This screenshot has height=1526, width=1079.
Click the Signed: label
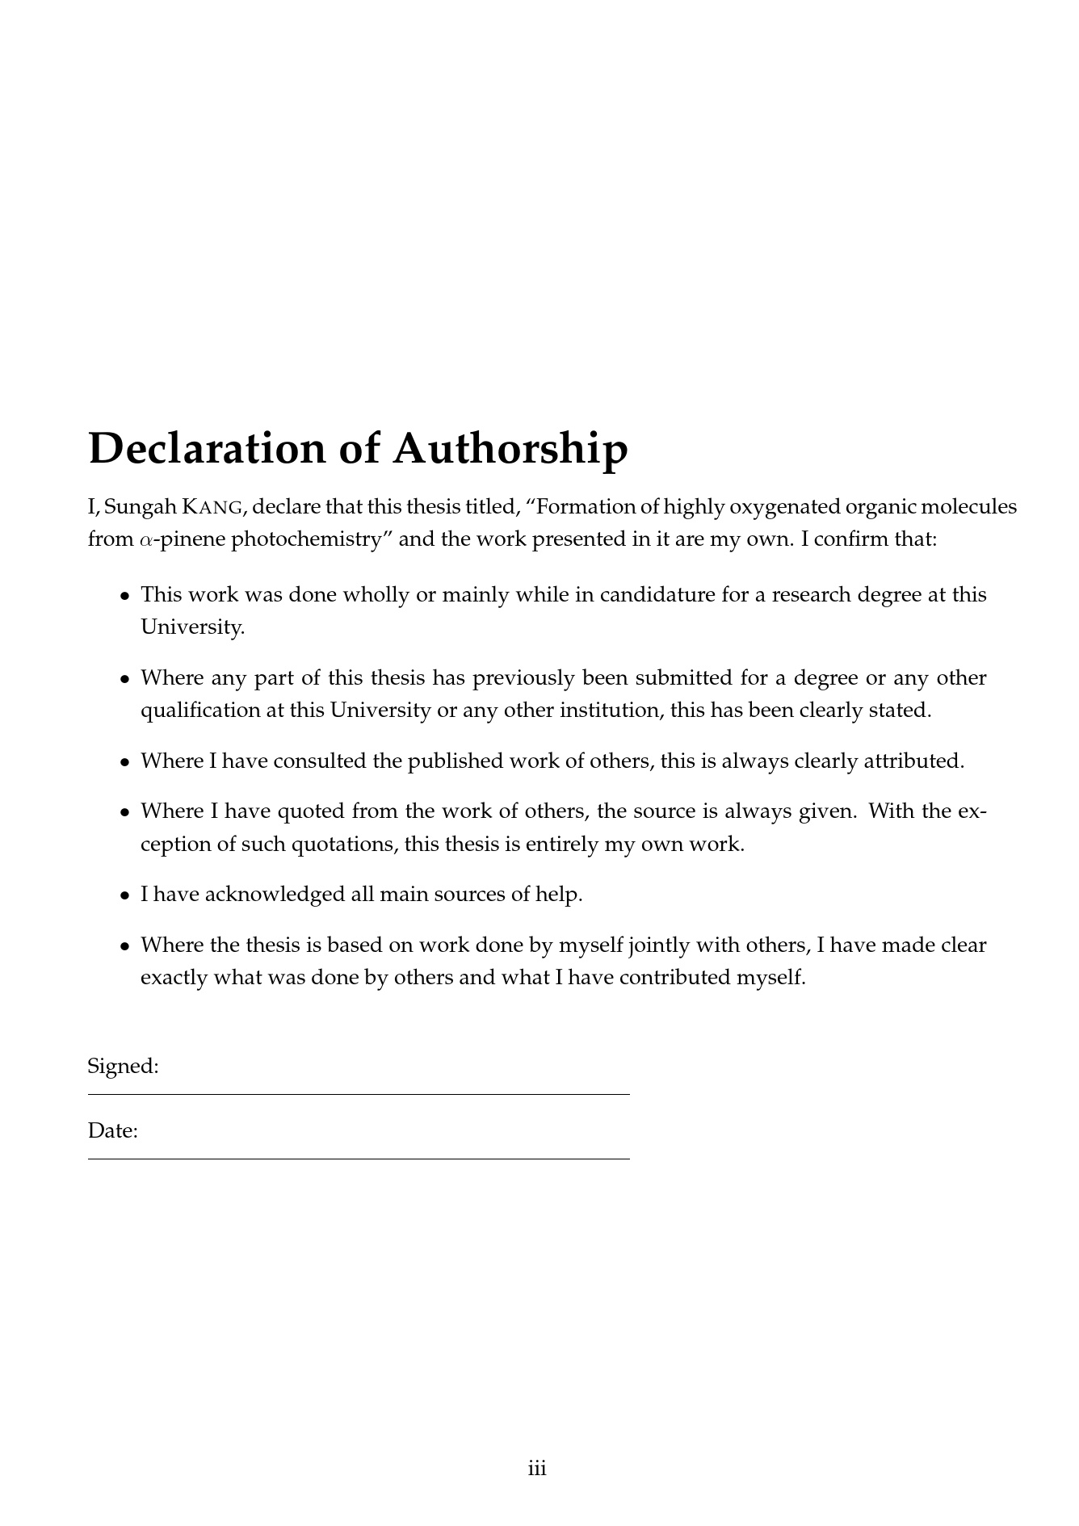pyautogui.click(x=123, y=1067)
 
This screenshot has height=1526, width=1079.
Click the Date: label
pyautogui.click(x=113, y=1131)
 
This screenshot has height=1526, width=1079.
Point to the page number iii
pyautogui.click(x=538, y=1469)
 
